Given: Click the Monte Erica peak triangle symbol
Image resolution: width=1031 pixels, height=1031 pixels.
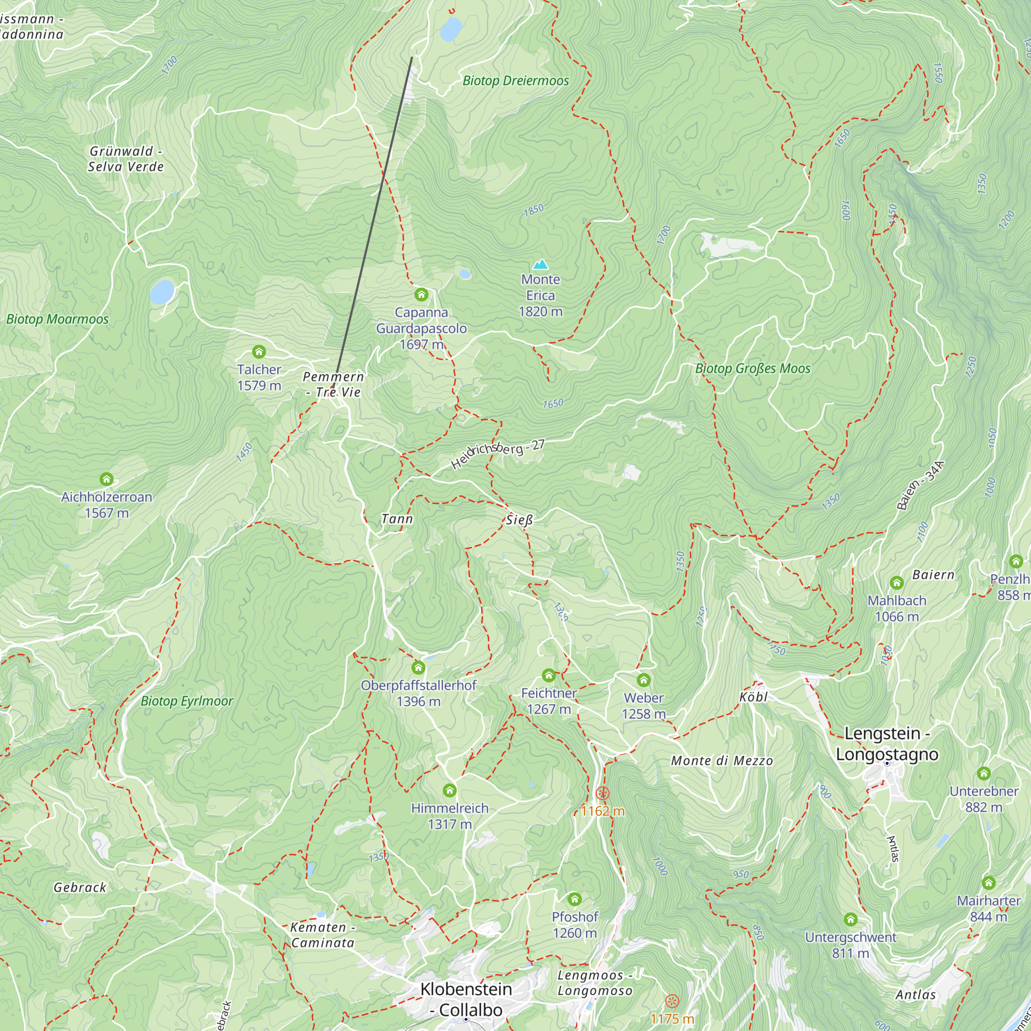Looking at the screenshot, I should click(x=541, y=264).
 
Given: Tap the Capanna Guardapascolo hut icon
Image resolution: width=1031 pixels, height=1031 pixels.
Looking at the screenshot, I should click(x=421, y=294).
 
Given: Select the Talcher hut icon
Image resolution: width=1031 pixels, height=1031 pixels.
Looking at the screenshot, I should click(x=259, y=352).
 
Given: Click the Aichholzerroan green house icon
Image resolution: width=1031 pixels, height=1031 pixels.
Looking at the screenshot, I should click(x=106, y=479).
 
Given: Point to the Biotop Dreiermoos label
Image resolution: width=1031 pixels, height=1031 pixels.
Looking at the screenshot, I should click(x=515, y=80).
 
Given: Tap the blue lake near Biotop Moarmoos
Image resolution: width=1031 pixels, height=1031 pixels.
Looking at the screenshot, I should click(x=162, y=292).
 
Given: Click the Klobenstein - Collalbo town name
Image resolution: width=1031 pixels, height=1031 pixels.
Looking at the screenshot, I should click(x=466, y=999).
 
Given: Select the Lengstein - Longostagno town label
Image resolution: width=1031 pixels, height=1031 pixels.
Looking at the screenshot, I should click(x=887, y=744).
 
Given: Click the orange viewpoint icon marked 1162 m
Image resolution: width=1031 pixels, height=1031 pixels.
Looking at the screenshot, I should click(x=603, y=793).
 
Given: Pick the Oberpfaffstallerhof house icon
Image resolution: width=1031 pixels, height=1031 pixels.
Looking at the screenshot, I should click(x=419, y=668).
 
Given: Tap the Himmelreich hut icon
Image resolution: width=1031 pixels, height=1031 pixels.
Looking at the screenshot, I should click(x=450, y=790).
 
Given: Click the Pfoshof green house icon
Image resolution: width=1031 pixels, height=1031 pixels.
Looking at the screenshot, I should click(x=574, y=899).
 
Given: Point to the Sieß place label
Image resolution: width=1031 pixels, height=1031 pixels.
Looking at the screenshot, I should click(x=519, y=520).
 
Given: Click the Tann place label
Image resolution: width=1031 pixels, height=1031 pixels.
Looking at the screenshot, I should click(x=397, y=519).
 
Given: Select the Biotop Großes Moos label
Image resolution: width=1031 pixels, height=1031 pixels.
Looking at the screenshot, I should click(x=753, y=369).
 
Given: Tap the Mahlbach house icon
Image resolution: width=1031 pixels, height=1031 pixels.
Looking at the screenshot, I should click(x=896, y=583).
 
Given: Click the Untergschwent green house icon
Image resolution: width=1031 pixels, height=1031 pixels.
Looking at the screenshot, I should click(x=851, y=920).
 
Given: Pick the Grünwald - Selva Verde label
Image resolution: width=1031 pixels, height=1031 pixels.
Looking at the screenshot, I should click(x=126, y=159).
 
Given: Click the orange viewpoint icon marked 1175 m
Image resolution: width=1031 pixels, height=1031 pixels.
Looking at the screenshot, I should click(x=672, y=1001).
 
